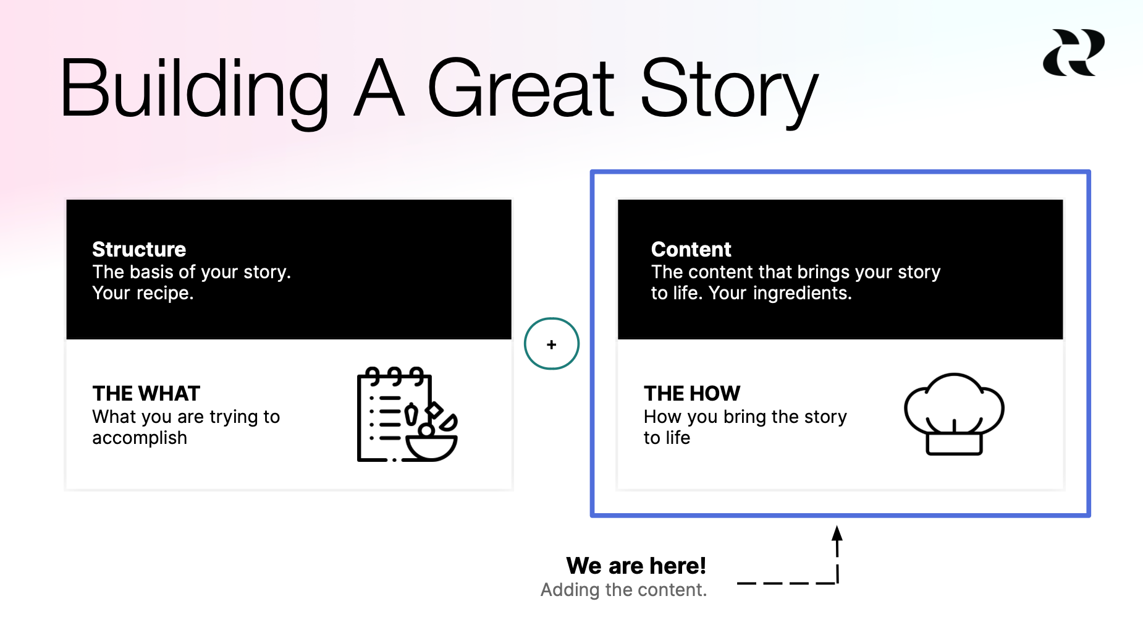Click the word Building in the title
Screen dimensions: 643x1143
(194, 88)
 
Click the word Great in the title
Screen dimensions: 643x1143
(520, 88)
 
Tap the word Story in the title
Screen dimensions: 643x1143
(729, 88)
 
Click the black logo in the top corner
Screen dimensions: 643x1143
(1074, 53)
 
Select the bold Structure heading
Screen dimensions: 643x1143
(139, 249)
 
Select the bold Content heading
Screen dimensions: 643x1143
(691, 249)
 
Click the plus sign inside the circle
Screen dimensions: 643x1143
(552, 344)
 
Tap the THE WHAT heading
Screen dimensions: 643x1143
(146, 393)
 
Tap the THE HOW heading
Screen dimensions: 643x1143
(691, 393)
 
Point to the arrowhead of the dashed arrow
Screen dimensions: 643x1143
(837, 532)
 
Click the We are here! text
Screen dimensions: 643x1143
(636, 566)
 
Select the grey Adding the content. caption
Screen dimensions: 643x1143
(623, 590)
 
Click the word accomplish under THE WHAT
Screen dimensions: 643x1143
(140, 438)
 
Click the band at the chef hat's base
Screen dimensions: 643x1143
(954, 444)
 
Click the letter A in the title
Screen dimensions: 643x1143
(379, 88)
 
